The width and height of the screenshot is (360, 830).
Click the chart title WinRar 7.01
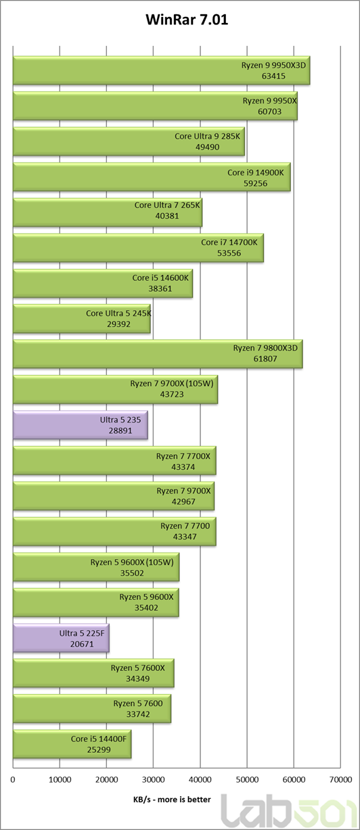(187, 20)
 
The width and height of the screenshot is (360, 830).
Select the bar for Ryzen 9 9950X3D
(162, 70)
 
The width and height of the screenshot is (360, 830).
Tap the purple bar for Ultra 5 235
(81, 425)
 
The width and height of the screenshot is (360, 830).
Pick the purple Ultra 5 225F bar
(61, 638)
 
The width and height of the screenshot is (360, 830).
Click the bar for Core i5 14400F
(72, 744)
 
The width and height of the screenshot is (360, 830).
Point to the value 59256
(255, 183)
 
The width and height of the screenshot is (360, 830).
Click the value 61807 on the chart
(265, 359)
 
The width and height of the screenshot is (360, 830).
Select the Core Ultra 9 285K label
(208, 136)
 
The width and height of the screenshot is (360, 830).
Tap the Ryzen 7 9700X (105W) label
(172, 383)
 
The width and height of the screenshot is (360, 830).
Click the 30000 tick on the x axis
(154, 780)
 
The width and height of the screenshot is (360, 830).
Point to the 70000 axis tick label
(340, 780)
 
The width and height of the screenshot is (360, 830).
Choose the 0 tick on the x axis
(13, 780)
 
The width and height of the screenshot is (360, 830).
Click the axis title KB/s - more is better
(172, 800)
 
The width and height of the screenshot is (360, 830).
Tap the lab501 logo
(290, 811)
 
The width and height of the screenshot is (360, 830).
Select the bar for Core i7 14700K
(139, 248)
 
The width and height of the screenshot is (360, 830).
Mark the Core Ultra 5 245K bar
(82, 319)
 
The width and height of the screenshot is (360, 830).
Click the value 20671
(82, 644)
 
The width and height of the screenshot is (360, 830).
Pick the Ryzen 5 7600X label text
(138, 668)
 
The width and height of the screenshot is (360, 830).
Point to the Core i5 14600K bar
(103, 284)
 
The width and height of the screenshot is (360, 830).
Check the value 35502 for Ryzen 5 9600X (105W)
(132, 573)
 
